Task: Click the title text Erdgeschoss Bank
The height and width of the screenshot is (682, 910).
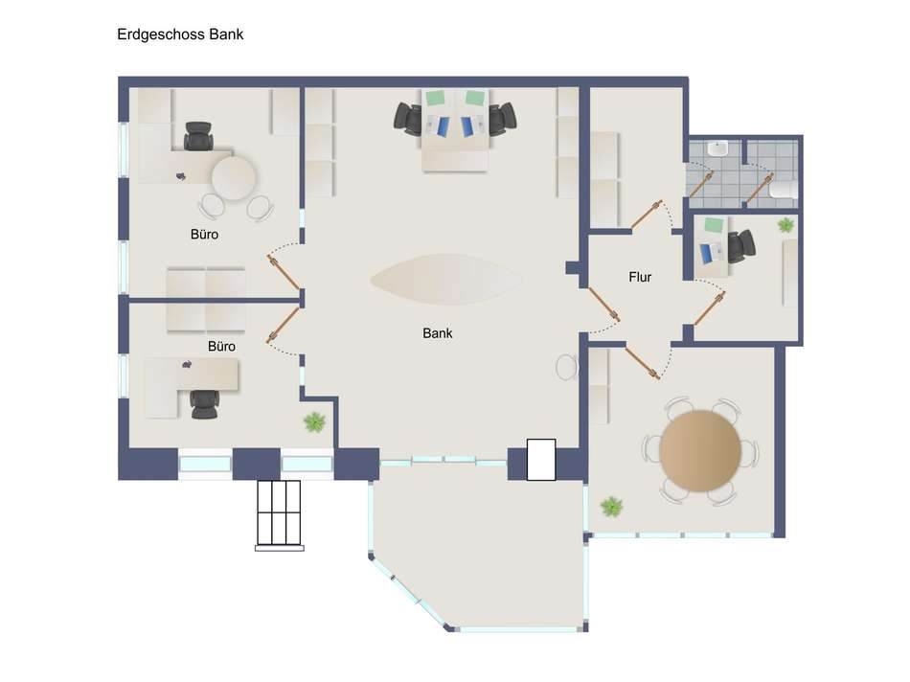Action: pos(180,34)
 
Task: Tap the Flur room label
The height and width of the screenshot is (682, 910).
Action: pos(640,278)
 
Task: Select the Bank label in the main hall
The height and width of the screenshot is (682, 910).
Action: pos(437,333)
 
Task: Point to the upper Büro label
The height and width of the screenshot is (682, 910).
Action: pos(204,234)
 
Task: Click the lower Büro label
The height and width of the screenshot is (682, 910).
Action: pos(221,346)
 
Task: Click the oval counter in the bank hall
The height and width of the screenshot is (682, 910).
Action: pos(446,279)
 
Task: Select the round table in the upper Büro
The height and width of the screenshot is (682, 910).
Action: pos(233,178)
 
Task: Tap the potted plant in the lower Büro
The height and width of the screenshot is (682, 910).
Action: pos(313,421)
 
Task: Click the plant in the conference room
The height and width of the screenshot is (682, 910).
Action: pos(610,506)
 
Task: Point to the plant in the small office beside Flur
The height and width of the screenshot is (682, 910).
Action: pos(785,225)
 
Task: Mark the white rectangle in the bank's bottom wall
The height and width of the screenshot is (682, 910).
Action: pos(541,460)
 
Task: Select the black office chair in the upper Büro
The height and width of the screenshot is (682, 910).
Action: pos(198,137)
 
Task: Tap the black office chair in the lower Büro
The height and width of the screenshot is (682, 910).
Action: pos(204,403)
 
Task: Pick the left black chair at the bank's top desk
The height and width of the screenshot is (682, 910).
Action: pos(408,119)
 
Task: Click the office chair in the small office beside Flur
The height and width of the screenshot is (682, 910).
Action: pos(739,246)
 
